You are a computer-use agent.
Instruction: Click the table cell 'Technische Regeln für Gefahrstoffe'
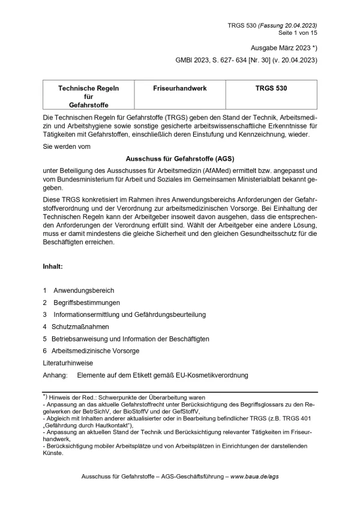(88, 96)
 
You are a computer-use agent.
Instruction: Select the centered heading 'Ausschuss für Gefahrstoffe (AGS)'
(180, 160)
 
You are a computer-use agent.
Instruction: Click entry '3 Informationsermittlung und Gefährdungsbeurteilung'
(125, 315)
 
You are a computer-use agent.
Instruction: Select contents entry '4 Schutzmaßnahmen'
(76, 327)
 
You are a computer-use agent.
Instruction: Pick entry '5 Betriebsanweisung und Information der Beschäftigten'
(126, 339)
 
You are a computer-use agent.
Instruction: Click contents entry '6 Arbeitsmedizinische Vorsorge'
(91, 351)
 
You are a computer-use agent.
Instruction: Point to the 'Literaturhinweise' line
(68, 363)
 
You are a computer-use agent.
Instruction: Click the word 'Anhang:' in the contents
(56, 375)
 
